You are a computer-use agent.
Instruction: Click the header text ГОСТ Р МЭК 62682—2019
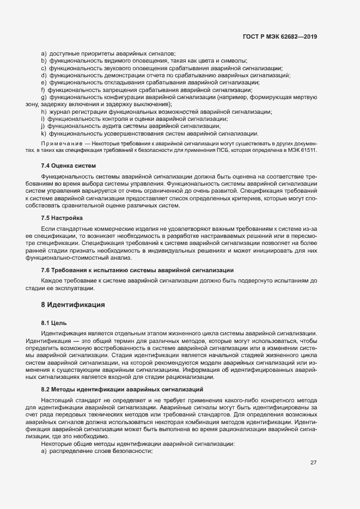[x=279, y=36]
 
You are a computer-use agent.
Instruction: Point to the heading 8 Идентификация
[x=73, y=304]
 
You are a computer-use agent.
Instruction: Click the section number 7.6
[x=46, y=270]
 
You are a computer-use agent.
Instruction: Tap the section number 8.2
[x=46, y=389]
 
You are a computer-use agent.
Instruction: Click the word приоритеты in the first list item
[x=90, y=54]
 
